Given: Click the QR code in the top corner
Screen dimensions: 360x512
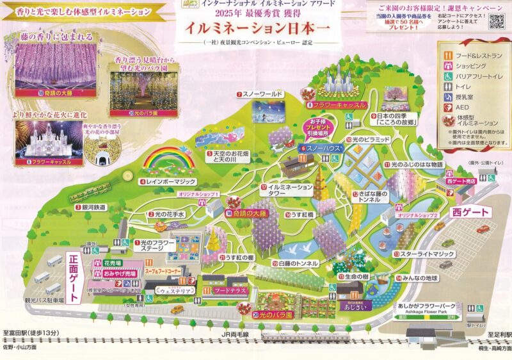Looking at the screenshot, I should click(495, 21).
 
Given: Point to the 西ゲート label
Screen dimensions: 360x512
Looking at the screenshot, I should click(470, 213).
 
